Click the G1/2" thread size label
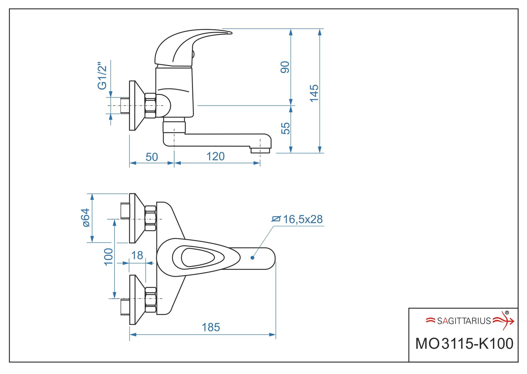tap(102, 76)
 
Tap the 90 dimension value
tap(285, 67)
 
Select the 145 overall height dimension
tap(314, 93)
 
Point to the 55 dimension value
tap(285, 128)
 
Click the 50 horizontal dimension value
tap(152, 157)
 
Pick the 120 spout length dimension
tap(216, 157)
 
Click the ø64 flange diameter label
tap(86, 218)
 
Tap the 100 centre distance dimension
tap(108, 257)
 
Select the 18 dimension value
tap(137, 255)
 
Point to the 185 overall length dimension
tap(211, 327)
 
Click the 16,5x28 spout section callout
tap(302, 219)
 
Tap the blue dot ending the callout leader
tap(252, 258)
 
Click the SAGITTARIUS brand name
tap(464, 321)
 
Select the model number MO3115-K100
tap(464, 344)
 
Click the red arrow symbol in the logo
tap(504, 321)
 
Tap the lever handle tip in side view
tap(229, 32)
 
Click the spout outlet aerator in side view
tap(260, 150)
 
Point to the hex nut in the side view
tap(150, 106)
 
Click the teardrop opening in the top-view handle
tap(197, 257)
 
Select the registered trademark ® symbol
tap(507, 313)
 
